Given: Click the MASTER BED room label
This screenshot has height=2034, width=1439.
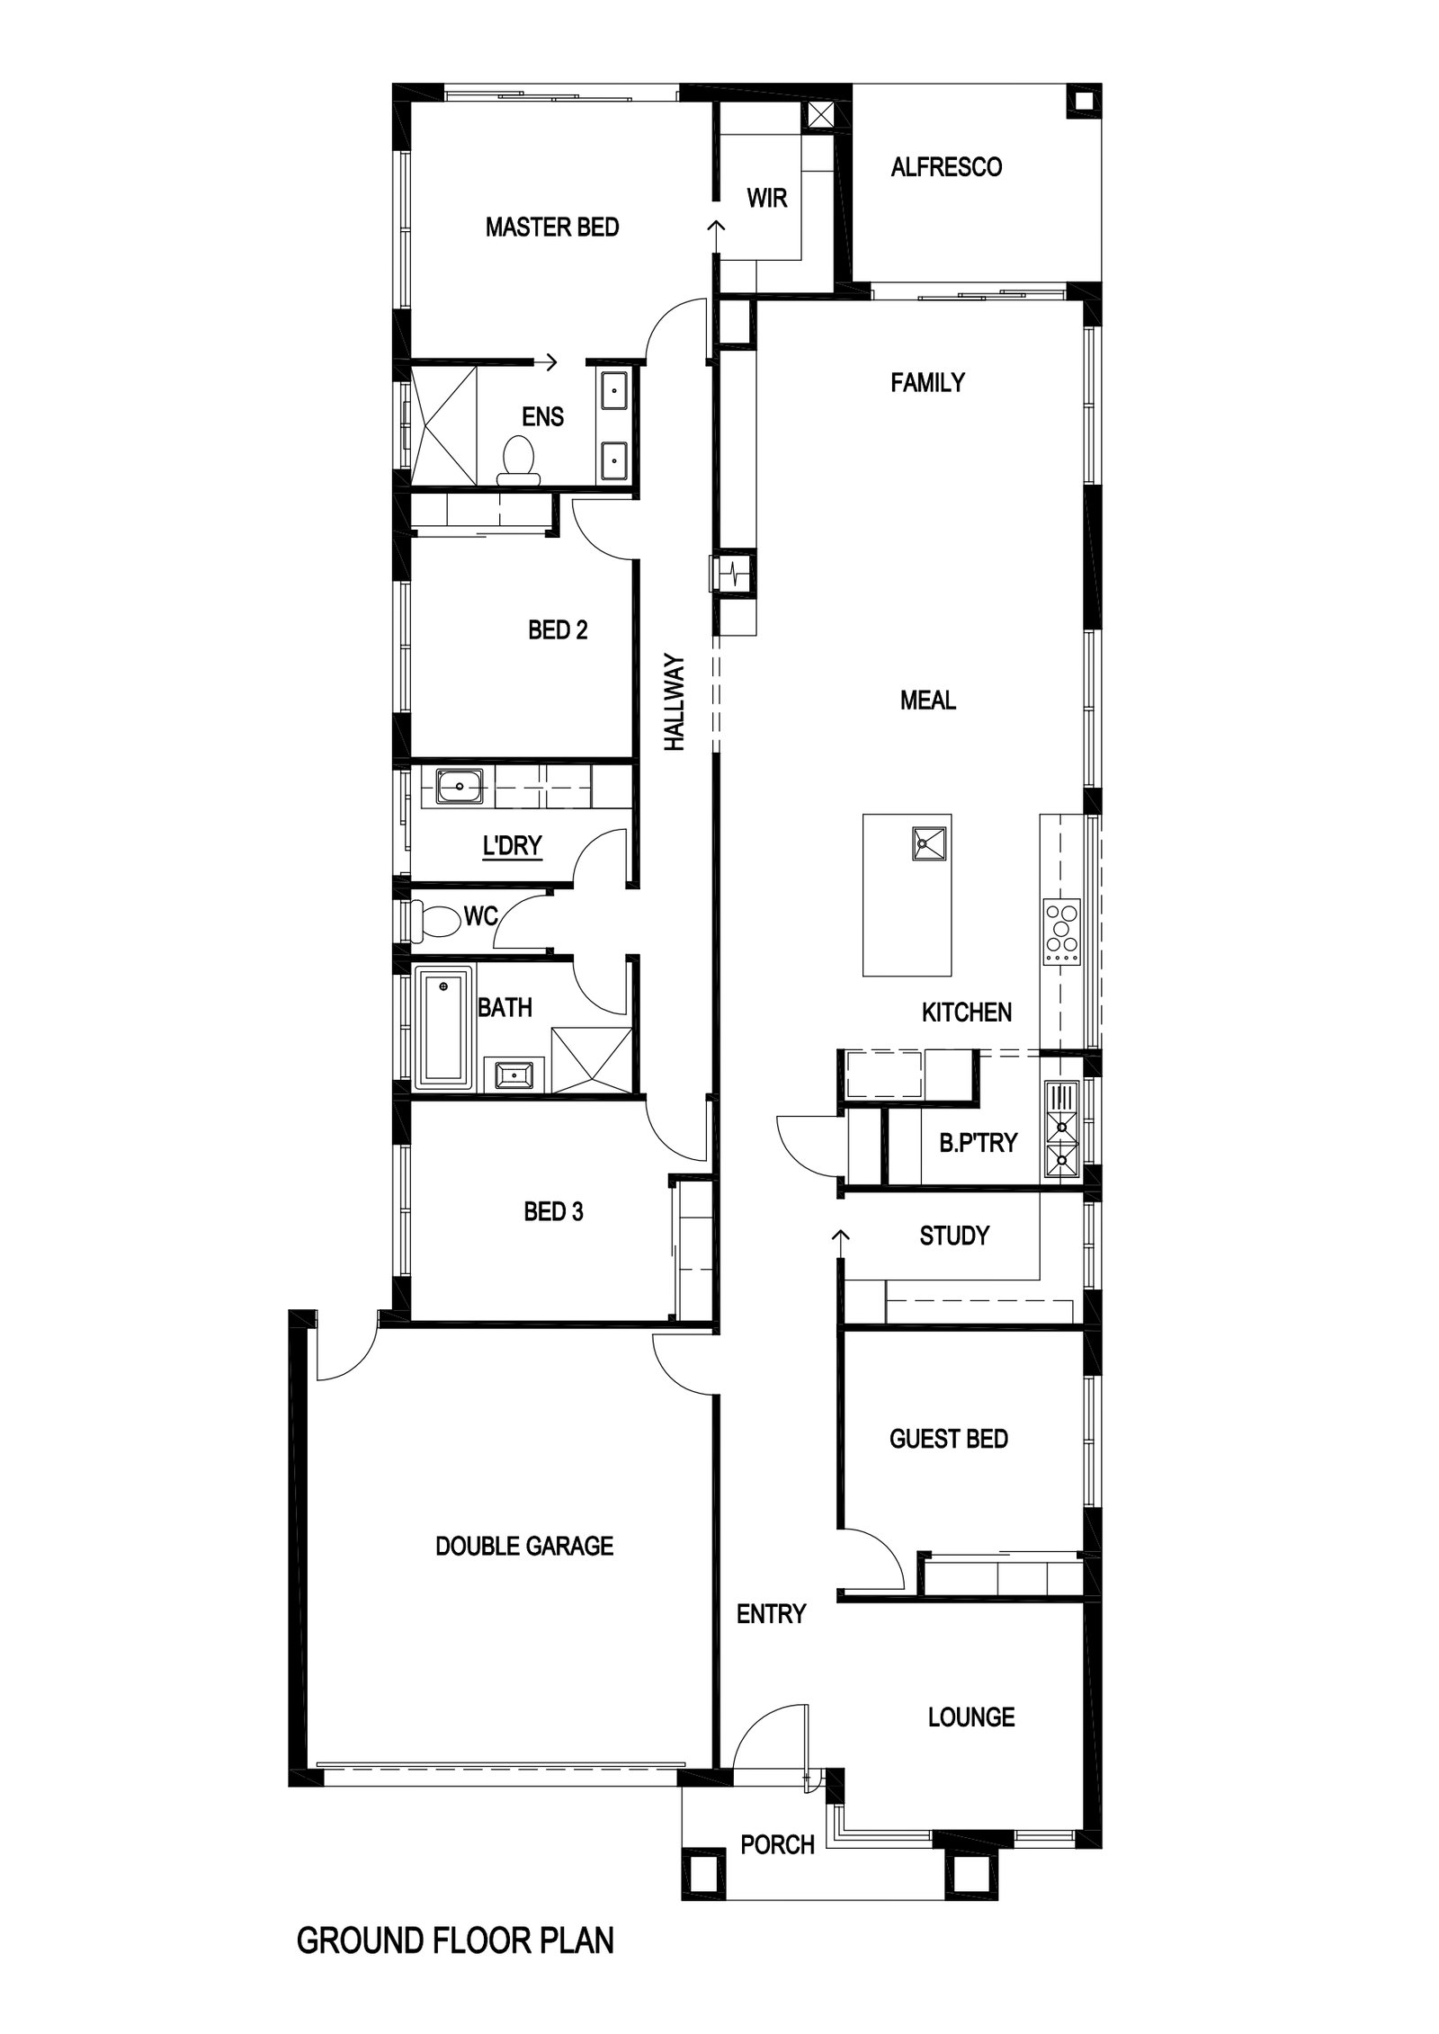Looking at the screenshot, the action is pos(552,227).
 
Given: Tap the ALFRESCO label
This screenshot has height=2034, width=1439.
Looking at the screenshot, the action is pos(946,167).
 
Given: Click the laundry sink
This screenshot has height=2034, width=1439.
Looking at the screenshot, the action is pos(460,786).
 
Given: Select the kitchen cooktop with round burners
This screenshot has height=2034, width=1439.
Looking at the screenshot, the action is pos(1061,932).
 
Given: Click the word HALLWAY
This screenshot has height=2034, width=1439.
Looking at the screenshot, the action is pos(675,701).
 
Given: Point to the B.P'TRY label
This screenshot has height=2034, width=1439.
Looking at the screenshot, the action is pos(979,1143).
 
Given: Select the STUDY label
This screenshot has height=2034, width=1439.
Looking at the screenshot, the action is pos(954,1236).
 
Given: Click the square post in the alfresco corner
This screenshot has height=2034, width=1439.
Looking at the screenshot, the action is pos(1083,101).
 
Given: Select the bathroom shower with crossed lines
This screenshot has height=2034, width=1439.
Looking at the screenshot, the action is pos(592,1061).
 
